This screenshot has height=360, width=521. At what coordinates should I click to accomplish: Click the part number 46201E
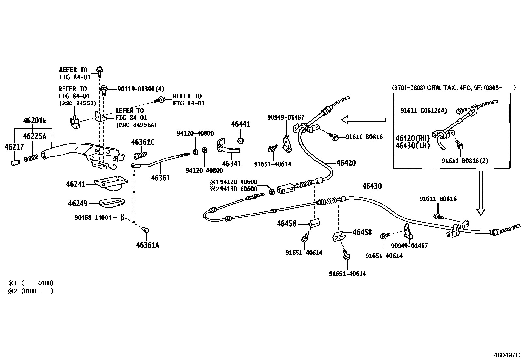pyautogui.click(x=35, y=121)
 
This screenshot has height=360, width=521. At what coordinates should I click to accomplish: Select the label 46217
pyautogui.click(x=14, y=147)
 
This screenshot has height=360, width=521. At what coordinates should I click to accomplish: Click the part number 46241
pyautogui.click(x=76, y=184)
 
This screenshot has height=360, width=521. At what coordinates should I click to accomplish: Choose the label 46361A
pyautogui.click(x=148, y=245)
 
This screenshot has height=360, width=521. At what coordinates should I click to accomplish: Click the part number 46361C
pyautogui.click(x=143, y=142)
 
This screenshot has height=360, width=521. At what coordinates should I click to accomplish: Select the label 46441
pyautogui.click(x=240, y=124)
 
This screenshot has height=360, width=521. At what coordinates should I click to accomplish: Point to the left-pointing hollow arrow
pyautogui.click(x=363, y=120)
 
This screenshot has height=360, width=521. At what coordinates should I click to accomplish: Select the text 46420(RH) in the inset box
pyautogui.click(x=412, y=138)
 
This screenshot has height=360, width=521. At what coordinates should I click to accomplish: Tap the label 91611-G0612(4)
pyautogui.click(x=423, y=111)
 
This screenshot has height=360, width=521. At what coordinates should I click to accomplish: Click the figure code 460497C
pyautogui.click(x=507, y=355)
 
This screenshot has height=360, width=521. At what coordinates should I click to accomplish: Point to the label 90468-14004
pyautogui.click(x=93, y=217)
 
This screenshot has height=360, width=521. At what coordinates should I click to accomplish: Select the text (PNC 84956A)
pyautogui.click(x=136, y=125)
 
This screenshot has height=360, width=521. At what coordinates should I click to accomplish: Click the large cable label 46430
pyautogui.click(x=372, y=186)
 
